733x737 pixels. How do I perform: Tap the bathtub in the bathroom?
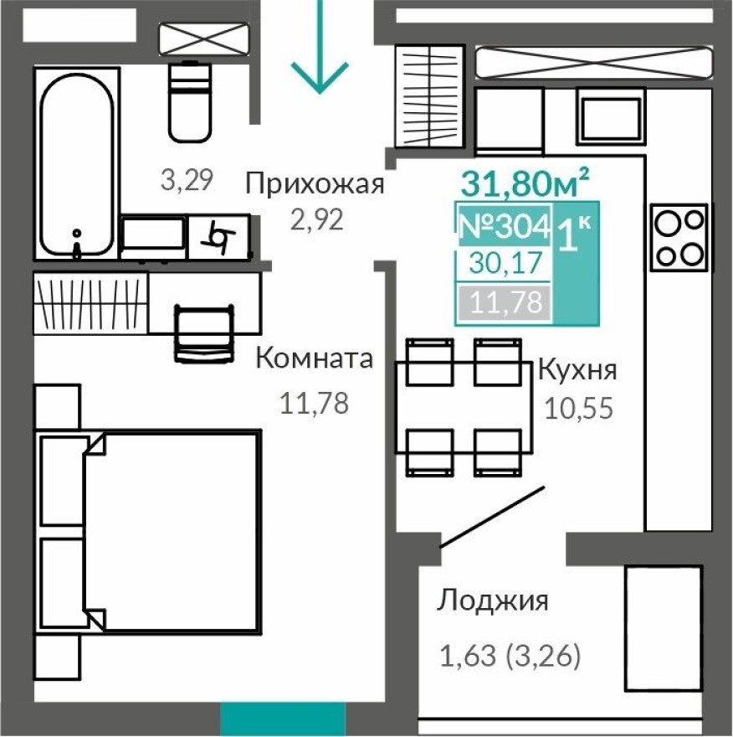point(76,163)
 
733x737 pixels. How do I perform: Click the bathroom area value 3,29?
point(187,178)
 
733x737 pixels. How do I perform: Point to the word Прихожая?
point(315,183)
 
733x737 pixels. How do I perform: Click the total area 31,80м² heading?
point(525,181)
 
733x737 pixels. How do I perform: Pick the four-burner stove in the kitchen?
point(679,238)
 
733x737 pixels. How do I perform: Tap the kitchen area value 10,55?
point(578,408)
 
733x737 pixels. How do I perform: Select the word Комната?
point(314,359)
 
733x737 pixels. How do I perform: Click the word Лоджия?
point(493,600)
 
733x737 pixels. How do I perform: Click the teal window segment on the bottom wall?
point(283,719)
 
